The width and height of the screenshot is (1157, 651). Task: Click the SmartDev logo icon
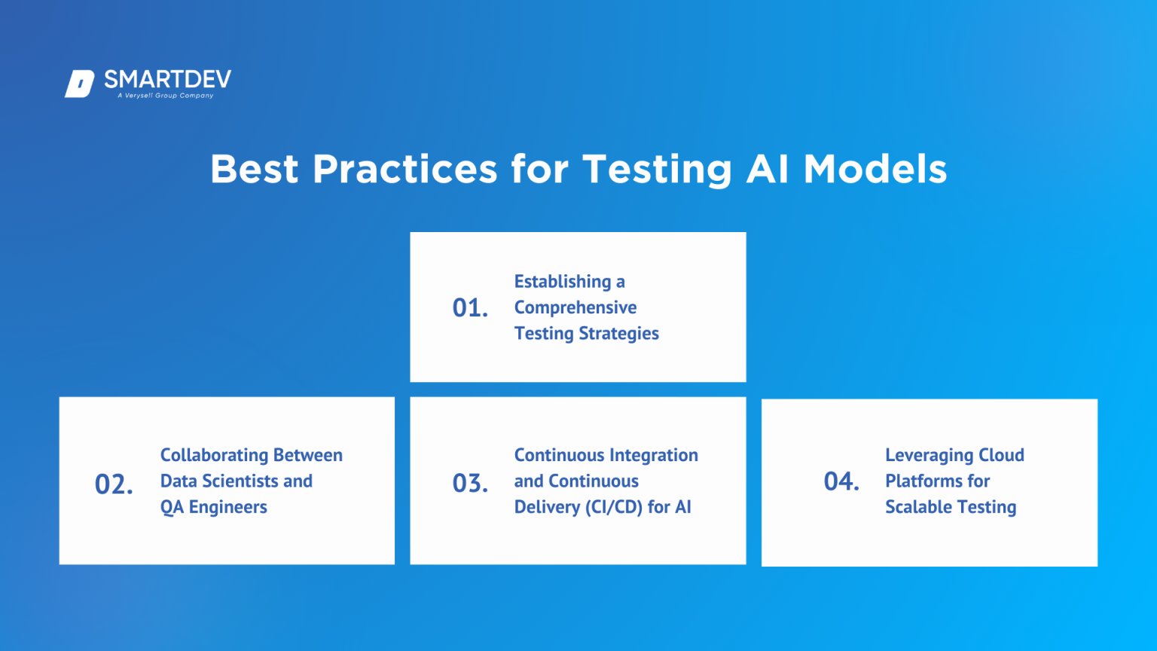click(x=79, y=84)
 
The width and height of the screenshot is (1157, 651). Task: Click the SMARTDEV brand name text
click(x=167, y=79)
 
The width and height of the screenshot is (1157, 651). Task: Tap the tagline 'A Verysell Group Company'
click(x=166, y=96)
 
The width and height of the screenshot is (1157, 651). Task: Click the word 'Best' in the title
click(x=254, y=169)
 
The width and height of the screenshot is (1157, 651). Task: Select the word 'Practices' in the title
click(x=404, y=169)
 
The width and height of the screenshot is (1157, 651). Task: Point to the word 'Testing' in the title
click(x=657, y=169)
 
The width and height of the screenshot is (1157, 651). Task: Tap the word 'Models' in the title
click(x=875, y=169)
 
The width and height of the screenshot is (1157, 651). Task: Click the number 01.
click(x=470, y=307)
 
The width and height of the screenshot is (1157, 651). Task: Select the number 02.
click(x=114, y=484)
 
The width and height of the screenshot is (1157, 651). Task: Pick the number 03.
click(x=470, y=483)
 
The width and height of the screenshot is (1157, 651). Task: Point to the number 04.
click(x=841, y=481)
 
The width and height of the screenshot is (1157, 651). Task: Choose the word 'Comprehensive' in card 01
click(x=575, y=307)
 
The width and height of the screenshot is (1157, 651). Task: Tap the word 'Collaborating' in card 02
click(x=204, y=455)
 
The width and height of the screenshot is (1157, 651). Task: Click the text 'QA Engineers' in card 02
click(x=214, y=507)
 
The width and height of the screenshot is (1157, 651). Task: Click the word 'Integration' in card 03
click(x=654, y=455)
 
